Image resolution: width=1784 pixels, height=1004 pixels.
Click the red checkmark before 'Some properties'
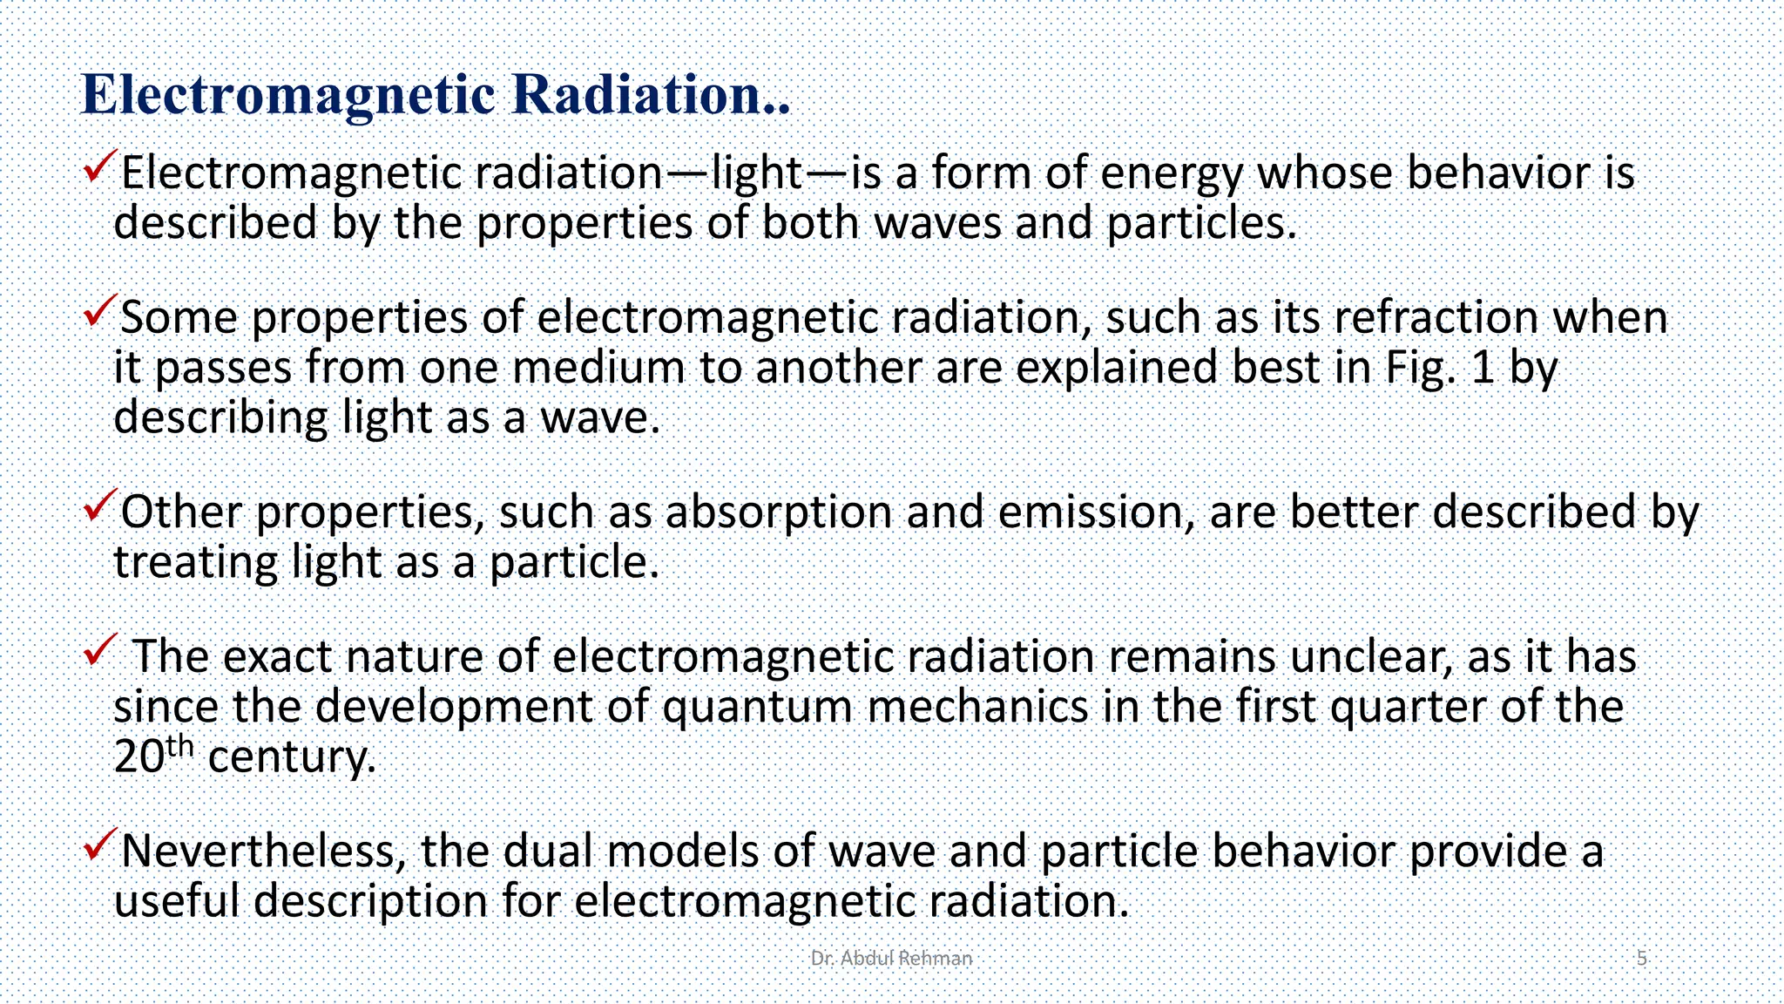(100, 310)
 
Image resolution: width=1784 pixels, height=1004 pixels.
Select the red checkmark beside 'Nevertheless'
(100, 845)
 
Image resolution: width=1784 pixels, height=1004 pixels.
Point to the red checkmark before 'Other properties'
(100, 505)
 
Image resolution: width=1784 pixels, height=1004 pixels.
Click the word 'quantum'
(757, 707)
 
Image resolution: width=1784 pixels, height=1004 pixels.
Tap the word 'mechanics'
(978, 707)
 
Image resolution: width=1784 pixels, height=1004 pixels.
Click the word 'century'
(291, 757)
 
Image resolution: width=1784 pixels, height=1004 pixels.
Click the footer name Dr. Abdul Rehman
(891, 959)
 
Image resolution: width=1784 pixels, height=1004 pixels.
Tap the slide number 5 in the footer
(1642, 959)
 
